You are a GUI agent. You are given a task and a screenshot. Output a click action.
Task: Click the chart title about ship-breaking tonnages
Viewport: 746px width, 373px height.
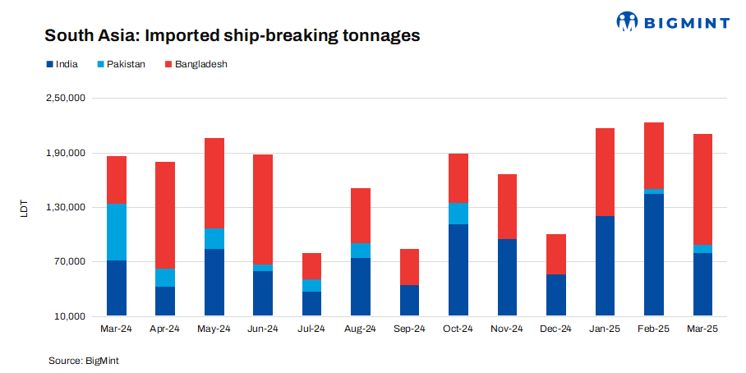click(232, 36)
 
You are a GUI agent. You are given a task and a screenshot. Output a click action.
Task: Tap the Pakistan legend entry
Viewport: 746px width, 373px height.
click(120, 64)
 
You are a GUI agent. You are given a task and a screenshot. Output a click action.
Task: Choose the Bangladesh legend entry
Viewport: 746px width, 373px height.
click(196, 64)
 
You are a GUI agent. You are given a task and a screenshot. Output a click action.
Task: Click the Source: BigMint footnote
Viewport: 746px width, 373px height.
click(85, 360)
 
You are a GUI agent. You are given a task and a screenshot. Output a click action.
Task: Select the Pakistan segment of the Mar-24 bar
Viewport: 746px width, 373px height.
click(117, 232)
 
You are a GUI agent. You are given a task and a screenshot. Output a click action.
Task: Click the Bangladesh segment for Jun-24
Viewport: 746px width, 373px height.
click(263, 210)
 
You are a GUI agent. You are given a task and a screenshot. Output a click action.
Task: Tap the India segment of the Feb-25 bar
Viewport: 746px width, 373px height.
click(654, 255)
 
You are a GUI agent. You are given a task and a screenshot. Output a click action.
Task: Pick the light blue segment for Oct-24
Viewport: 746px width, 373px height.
click(458, 214)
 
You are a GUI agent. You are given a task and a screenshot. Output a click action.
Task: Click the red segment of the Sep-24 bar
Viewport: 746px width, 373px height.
click(409, 267)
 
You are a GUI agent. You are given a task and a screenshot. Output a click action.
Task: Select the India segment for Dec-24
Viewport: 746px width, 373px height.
click(556, 295)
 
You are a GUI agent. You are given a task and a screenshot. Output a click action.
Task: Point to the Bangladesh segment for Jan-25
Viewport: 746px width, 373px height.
click(605, 172)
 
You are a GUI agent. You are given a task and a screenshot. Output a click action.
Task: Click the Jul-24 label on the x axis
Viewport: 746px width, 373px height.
click(311, 329)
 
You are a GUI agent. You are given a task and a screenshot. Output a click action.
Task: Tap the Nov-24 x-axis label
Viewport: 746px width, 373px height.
click(507, 329)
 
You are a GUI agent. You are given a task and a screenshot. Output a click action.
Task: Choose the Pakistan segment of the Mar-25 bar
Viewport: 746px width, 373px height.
click(702, 248)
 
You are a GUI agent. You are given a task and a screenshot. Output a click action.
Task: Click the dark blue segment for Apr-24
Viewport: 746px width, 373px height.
click(165, 301)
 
